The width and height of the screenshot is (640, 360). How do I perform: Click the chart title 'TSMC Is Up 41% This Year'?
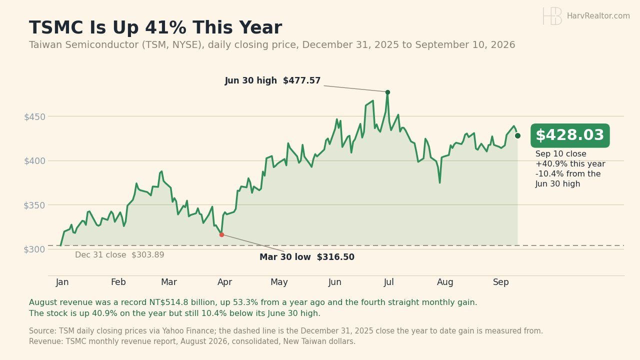click(x=155, y=27)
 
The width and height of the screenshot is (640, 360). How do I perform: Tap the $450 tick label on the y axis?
click(x=35, y=117)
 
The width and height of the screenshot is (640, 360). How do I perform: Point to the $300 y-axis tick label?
click(x=35, y=249)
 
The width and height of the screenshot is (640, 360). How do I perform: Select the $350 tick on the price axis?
click(x=35, y=205)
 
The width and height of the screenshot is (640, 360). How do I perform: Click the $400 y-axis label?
click(x=35, y=161)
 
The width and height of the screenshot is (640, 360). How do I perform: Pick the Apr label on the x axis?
click(x=225, y=282)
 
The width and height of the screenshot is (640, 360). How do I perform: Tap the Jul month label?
click(x=389, y=282)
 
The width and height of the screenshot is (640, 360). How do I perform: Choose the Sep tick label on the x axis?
click(x=501, y=282)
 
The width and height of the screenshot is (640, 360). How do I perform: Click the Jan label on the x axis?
click(x=62, y=282)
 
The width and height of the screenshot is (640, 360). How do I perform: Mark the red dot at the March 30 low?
click(x=221, y=234)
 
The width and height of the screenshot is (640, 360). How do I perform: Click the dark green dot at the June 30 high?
click(x=387, y=92)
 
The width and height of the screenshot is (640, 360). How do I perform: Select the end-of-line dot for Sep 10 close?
click(x=517, y=135)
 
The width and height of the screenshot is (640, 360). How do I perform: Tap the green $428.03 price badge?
click(x=570, y=135)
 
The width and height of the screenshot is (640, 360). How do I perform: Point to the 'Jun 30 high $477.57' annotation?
click(x=272, y=81)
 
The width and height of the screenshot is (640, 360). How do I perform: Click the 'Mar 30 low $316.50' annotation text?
click(x=307, y=257)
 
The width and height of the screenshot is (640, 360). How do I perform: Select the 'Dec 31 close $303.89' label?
click(x=119, y=255)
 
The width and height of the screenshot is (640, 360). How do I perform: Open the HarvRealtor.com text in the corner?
click(x=598, y=16)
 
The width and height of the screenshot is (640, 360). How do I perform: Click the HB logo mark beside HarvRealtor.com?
click(x=552, y=16)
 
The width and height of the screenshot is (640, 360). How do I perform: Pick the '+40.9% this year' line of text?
click(x=570, y=164)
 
